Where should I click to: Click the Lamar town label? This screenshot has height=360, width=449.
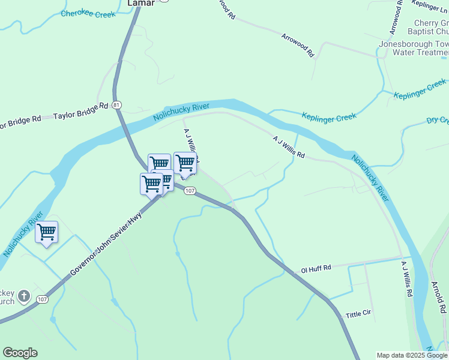(141, 3)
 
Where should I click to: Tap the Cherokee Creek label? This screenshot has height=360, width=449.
(88, 14)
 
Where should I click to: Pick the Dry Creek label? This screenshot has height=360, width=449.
(437, 120)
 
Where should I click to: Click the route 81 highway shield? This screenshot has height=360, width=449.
(117, 104)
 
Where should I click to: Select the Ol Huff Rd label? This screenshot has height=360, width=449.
(316, 269)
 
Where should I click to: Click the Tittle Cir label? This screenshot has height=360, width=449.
(360, 314)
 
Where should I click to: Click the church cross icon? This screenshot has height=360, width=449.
(23, 296)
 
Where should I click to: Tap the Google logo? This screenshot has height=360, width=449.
(20, 353)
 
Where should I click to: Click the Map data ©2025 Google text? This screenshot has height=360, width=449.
(411, 355)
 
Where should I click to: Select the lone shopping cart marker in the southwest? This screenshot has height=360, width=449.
(47, 232)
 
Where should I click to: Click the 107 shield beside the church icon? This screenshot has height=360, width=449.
(42, 299)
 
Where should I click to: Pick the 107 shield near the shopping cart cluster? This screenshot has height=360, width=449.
(190, 191)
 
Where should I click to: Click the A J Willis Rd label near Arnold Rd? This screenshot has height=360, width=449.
(407, 280)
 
